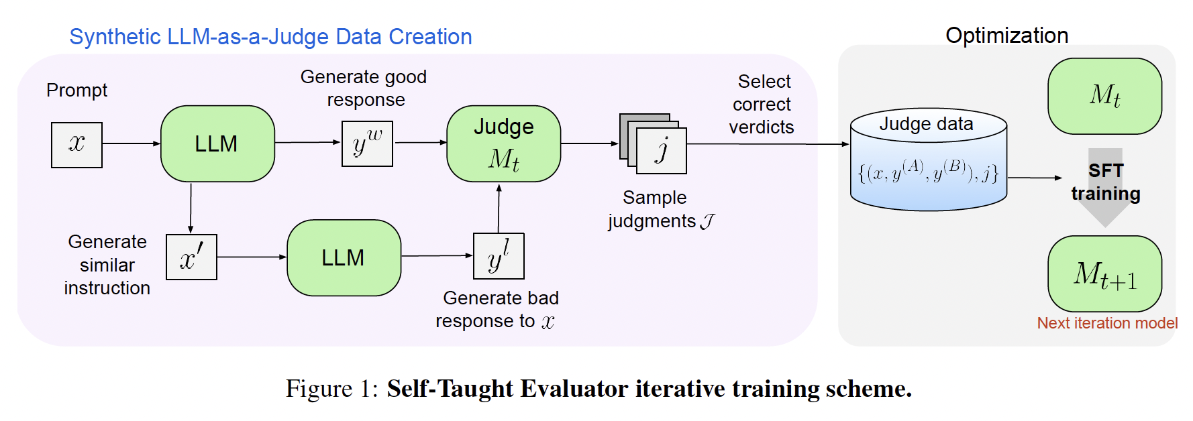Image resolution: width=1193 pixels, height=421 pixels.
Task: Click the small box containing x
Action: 76,145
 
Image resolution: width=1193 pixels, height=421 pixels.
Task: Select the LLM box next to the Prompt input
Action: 217,143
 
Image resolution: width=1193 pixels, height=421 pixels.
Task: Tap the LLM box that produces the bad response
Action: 344,257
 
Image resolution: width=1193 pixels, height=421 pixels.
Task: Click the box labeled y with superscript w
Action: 367,143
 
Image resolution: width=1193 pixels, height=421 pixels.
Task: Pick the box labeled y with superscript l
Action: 499,256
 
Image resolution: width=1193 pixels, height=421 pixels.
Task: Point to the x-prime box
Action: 191,257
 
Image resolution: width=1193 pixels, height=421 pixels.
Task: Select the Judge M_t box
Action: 504,143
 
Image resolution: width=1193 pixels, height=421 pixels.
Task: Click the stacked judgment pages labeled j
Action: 653,143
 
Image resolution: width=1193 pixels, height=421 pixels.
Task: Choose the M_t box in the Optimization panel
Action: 1105,96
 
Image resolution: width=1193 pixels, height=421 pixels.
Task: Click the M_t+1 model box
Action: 1105,274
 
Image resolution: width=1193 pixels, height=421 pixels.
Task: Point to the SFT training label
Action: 1106,182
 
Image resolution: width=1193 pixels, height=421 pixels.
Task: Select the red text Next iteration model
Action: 1107,323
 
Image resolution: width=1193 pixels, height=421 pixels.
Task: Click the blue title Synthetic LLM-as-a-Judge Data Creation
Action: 270,37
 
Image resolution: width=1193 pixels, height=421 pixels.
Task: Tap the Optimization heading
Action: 1006,36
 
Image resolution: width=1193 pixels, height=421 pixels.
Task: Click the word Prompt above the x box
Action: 76,91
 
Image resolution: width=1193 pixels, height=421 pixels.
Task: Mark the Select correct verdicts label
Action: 762,105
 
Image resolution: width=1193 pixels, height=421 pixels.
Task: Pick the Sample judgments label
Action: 661,210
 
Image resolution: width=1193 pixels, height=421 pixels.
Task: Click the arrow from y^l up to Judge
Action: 499,208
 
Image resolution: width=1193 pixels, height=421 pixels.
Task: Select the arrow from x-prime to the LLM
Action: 252,257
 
